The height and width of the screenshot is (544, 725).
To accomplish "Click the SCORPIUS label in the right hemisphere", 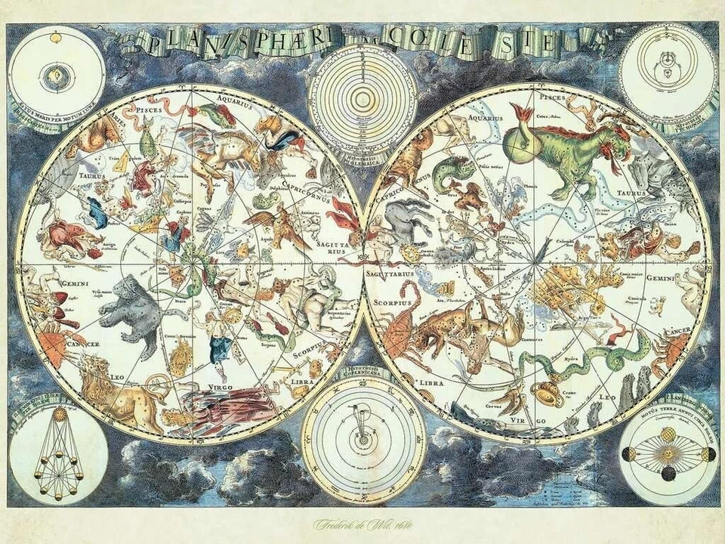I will tap(391, 302).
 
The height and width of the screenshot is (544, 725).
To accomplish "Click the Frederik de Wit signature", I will tap(362, 523).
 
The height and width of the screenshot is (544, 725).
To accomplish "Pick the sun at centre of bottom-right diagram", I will tap(667, 453).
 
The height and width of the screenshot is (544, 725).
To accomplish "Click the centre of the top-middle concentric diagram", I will tap(362, 98).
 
